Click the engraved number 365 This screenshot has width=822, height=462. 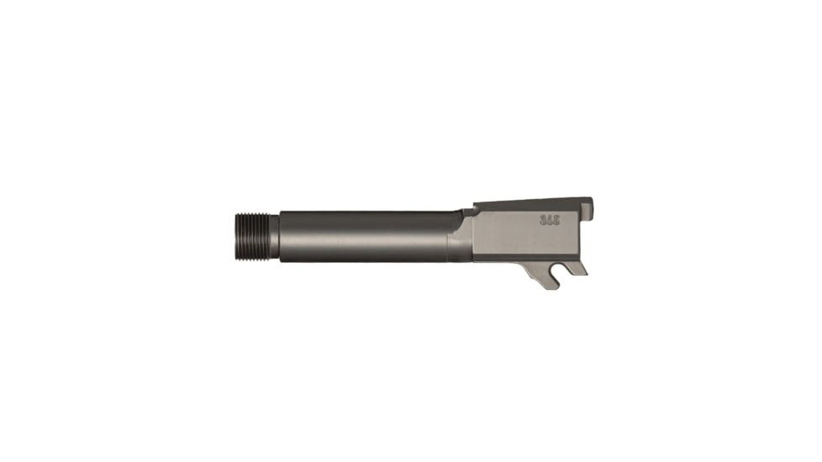pyautogui.click(x=549, y=220)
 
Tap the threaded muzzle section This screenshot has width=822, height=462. pyautogui.click(x=250, y=237)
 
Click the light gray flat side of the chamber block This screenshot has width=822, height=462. pyautogui.click(x=513, y=235)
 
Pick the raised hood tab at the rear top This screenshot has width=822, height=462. pyautogui.click(x=588, y=207)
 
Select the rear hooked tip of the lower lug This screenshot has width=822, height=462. pyautogui.click(x=578, y=269)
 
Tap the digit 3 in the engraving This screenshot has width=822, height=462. pyautogui.click(x=542, y=220)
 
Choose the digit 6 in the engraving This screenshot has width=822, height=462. pyautogui.click(x=549, y=220)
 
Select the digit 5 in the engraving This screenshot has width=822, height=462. pyautogui.click(x=556, y=220)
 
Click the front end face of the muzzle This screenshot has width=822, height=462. pyautogui.click(x=231, y=237)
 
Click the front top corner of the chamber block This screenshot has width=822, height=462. pyautogui.click(x=475, y=207)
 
